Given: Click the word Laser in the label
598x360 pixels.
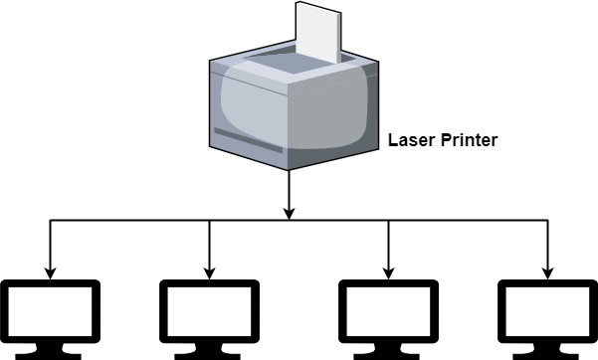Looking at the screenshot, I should point(408,140).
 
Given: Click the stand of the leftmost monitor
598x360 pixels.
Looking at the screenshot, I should point(51,350).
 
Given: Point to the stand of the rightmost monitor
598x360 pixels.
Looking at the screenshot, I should point(546,350).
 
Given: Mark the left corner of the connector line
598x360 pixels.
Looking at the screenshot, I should point(51,222).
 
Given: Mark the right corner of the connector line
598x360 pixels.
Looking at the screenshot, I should point(546,222).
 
